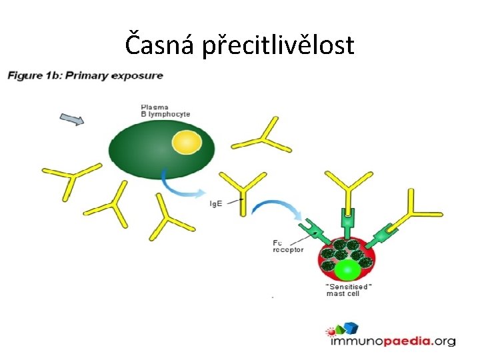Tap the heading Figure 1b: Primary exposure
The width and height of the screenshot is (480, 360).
tap(85, 75)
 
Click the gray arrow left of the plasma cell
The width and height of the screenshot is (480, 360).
tap(72, 120)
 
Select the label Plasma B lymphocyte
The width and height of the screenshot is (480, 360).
tap(165, 110)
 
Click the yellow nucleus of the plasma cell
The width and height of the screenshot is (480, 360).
tap(186, 143)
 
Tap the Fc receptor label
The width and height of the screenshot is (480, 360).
tap(288, 246)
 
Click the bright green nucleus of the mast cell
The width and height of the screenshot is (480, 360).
tap(347, 270)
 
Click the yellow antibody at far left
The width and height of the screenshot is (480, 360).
tap(66, 181)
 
